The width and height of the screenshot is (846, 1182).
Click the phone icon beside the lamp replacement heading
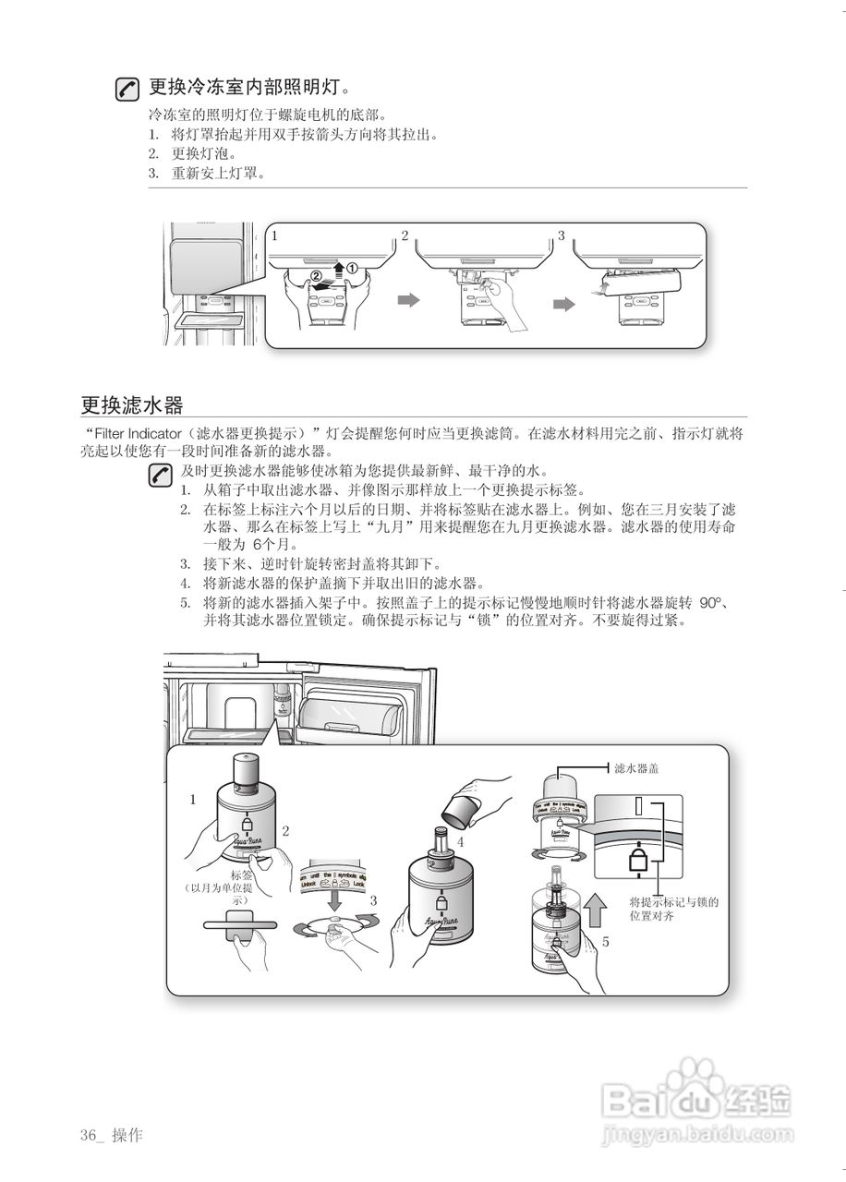[x=127, y=90]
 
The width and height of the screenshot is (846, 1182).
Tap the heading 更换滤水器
[x=131, y=404]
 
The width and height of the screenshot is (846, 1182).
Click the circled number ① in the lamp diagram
[x=352, y=268]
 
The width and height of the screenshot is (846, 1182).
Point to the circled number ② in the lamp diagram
[x=316, y=275]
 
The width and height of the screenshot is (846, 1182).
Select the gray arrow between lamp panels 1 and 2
[x=406, y=300]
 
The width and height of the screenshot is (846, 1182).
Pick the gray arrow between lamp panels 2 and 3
[x=563, y=304]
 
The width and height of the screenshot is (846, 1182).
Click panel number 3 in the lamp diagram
[x=561, y=236]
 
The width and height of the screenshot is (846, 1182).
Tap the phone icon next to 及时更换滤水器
[x=161, y=476]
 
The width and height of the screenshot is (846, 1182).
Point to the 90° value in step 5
[x=710, y=603]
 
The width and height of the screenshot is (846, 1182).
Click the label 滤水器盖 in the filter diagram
[x=637, y=768]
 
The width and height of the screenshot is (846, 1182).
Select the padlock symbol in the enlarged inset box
[x=638, y=861]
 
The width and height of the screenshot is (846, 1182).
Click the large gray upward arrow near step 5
[x=597, y=910]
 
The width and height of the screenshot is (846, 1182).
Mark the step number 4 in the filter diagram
[x=460, y=841]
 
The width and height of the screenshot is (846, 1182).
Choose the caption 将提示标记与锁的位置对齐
[x=673, y=909]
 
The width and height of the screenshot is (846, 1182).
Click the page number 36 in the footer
[x=89, y=1135]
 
